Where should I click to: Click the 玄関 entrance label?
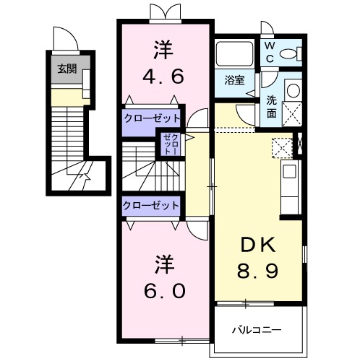coord(67,70)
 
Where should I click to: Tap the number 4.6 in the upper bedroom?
coord(163,76)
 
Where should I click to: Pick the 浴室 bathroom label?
coord(233,80)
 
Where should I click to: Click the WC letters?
coord(269,50)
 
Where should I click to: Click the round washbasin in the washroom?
coord(292,90)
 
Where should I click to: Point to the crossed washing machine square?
coord(292,113)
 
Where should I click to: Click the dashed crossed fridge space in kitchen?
coord(282,148)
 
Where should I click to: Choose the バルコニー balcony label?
coord(257,331)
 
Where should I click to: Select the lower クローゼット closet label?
coord(151,205)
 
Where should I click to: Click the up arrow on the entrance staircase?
coord(85,174)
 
